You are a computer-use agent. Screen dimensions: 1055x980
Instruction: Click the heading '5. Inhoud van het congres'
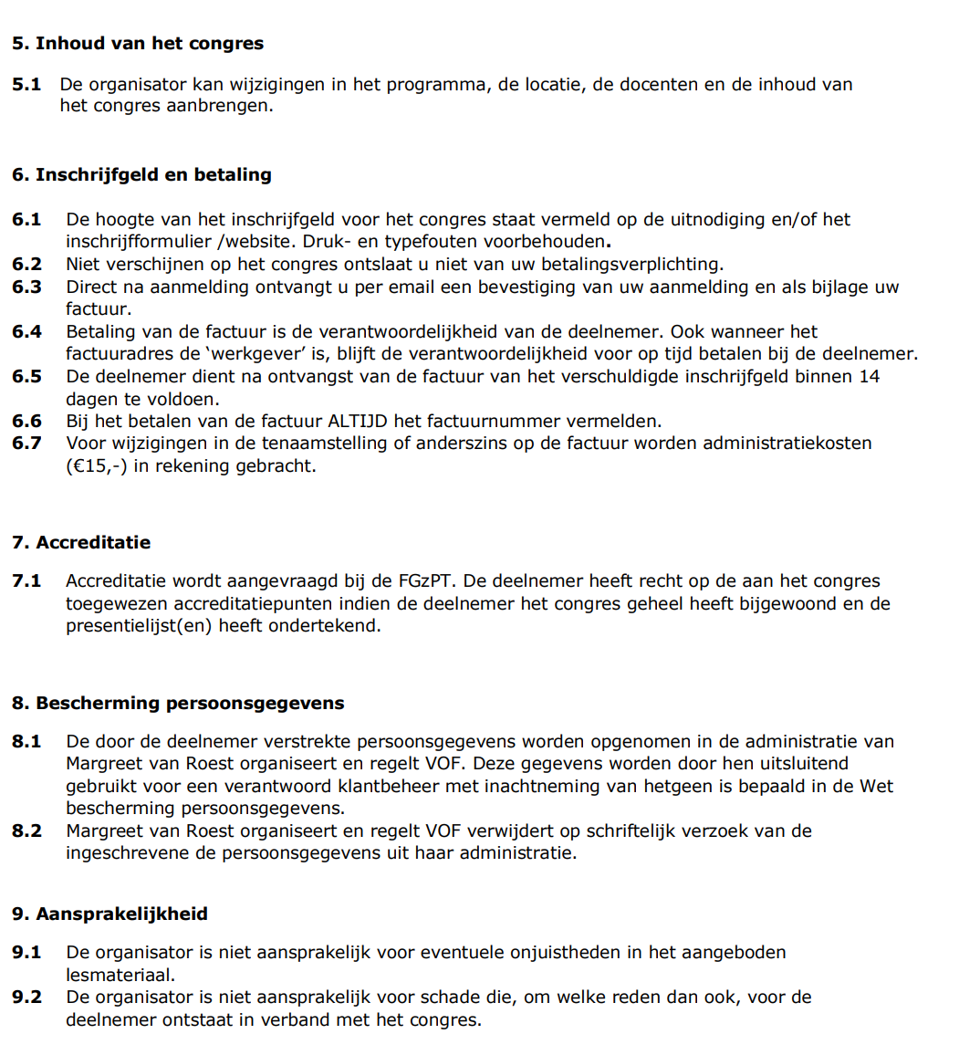click(x=137, y=44)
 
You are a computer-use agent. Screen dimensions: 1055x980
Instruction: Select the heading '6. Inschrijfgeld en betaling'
click(x=141, y=175)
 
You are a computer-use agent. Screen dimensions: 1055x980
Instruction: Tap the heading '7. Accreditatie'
click(x=81, y=543)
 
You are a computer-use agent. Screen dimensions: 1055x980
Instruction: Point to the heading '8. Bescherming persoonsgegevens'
click(x=178, y=704)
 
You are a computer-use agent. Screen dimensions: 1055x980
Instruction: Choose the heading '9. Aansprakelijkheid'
click(x=109, y=914)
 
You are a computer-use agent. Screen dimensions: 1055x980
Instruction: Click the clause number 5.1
click(x=26, y=85)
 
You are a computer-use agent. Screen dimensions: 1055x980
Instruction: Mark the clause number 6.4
click(x=26, y=332)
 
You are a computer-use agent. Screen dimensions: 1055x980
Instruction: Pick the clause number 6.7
click(x=26, y=444)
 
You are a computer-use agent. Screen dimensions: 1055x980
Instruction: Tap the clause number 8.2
click(x=26, y=831)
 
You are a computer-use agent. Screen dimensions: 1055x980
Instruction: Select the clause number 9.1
click(x=26, y=953)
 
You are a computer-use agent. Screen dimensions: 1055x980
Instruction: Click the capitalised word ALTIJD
click(x=358, y=422)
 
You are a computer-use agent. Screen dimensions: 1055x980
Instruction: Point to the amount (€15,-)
click(x=97, y=466)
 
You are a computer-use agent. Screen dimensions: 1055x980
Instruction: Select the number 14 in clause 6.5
click(x=870, y=377)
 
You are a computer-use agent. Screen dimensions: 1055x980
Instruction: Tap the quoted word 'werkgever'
click(x=258, y=354)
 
